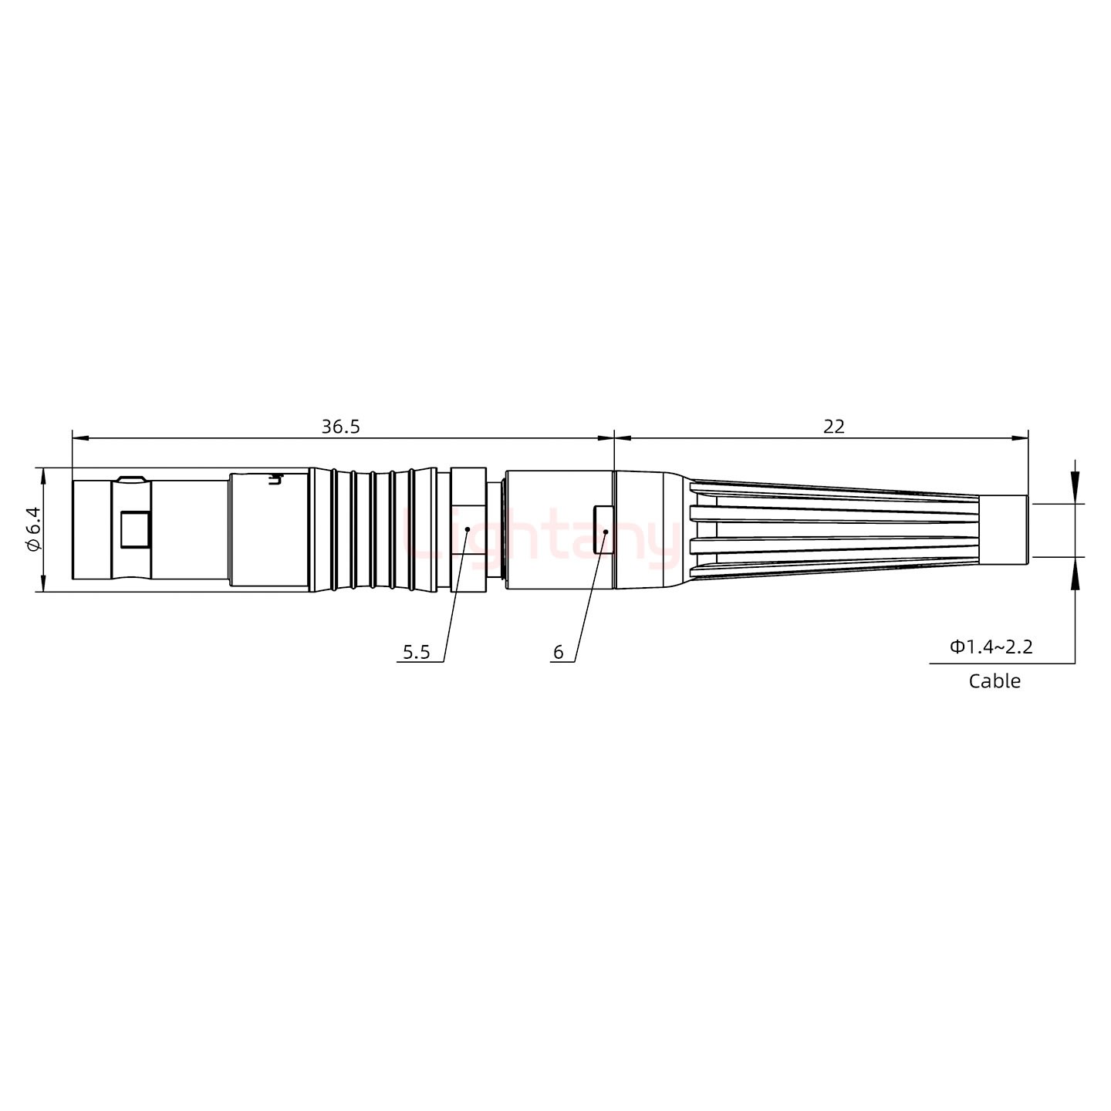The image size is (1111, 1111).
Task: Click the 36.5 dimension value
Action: [x=340, y=427]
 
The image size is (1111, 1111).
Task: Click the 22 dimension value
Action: [x=833, y=427]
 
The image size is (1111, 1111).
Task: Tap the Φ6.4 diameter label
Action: [x=32, y=529]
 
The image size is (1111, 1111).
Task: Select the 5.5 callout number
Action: [x=416, y=653]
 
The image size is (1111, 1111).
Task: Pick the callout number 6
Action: [x=558, y=653]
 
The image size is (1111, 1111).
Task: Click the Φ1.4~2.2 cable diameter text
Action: [x=991, y=647]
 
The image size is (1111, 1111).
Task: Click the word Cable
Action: [x=994, y=681]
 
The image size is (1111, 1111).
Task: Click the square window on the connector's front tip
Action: [x=136, y=529]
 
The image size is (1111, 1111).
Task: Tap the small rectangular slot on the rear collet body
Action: [x=603, y=529]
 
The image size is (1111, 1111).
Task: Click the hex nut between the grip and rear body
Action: [x=468, y=529]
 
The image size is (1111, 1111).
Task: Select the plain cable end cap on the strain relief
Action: [x=1003, y=529]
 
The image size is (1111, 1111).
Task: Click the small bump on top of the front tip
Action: [x=132, y=478]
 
